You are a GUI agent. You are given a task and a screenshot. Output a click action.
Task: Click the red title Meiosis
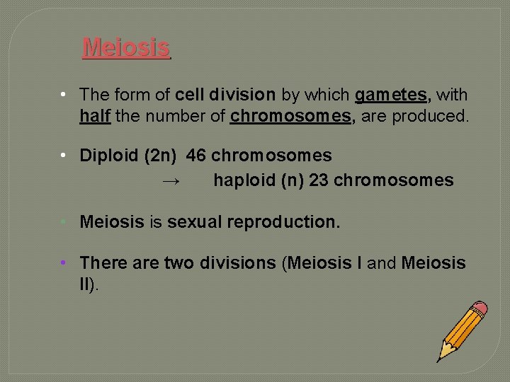click(x=126, y=47)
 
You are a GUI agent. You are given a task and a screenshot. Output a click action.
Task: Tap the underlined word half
click(x=94, y=116)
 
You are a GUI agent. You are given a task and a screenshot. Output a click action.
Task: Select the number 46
click(x=196, y=155)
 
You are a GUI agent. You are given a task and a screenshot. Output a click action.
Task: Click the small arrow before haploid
click(x=171, y=181)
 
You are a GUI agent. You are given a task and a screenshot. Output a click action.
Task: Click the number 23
click(x=319, y=180)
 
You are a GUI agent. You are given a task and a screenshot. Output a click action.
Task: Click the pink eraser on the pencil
click(x=480, y=309)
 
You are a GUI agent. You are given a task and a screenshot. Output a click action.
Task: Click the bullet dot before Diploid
click(x=64, y=155)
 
